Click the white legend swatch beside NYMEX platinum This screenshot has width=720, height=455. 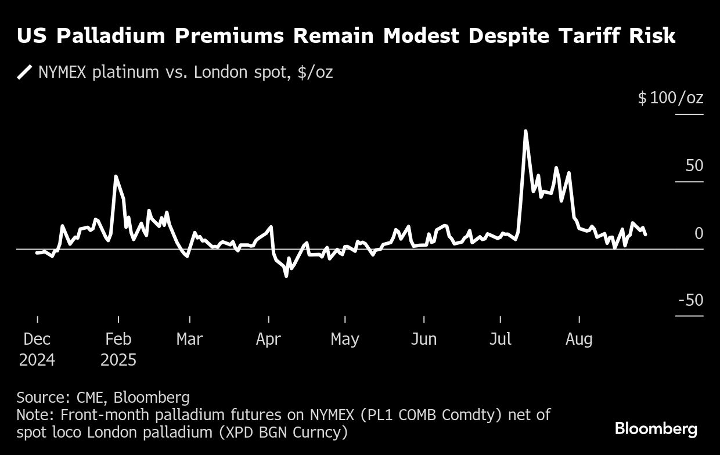25,73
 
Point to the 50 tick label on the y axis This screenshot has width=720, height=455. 694,165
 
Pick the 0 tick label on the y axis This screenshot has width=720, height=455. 699,233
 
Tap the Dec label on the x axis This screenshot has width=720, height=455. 37,339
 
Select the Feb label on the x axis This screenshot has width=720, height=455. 118,339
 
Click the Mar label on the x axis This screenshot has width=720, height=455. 190,339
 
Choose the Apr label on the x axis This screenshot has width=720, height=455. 268,339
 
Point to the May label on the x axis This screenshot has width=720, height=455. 345,339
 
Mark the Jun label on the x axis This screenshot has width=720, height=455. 423,339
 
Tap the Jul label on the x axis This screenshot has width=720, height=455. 500,339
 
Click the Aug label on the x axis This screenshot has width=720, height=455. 579,339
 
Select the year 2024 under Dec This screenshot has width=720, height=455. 37,360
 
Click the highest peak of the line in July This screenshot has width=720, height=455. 525,132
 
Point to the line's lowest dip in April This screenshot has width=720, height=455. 286,275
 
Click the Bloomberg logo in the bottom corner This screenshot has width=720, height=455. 656,429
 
